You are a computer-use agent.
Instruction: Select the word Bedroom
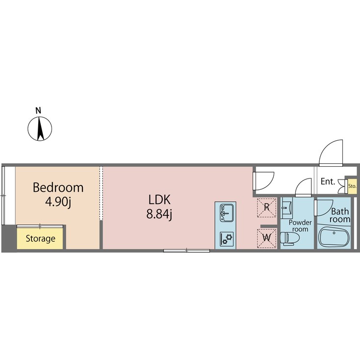(x=58, y=187)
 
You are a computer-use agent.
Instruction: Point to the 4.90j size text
(x=58, y=202)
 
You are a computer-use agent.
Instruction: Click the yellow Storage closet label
(x=40, y=239)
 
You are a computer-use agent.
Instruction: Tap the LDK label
(x=159, y=200)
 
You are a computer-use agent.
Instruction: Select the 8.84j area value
(x=159, y=215)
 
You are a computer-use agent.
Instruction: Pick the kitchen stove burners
(x=225, y=238)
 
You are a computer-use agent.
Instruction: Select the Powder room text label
(x=300, y=226)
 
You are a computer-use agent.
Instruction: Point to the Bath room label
(x=339, y=216)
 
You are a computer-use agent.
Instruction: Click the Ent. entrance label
(x=328, y=181)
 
